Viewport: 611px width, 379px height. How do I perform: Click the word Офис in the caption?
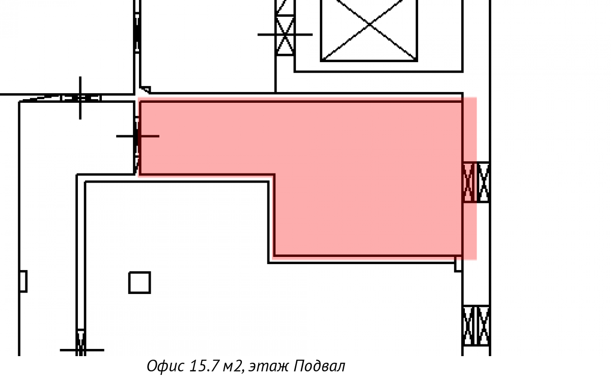tap(165, 366)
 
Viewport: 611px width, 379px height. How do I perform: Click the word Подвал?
tap(319, 366)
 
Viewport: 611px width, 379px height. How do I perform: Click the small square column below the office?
tap(140, 282)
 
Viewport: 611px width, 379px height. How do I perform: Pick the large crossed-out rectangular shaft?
tap(369, 30)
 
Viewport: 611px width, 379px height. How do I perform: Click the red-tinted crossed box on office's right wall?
tap(468, 182)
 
